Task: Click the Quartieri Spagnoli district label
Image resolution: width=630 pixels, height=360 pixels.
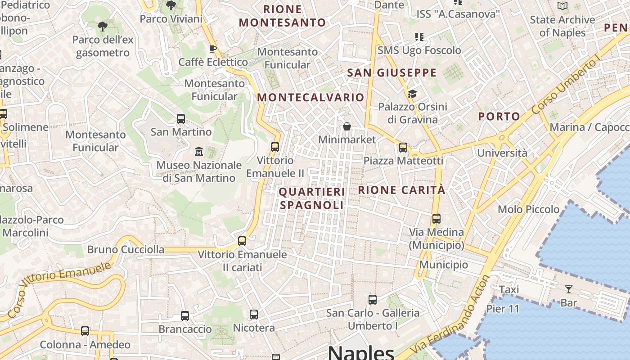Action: pos(312,198)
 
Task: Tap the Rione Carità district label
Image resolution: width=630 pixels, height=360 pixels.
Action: pos(401,190)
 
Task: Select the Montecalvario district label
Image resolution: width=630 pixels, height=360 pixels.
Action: pos(310,97)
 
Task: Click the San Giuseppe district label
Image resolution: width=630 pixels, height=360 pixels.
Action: pos(391,73)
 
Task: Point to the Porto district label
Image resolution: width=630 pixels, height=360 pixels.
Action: pos(499,117)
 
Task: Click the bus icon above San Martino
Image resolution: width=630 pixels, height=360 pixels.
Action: pos(181,119)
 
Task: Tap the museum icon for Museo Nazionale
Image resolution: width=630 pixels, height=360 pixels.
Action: pos(198,151)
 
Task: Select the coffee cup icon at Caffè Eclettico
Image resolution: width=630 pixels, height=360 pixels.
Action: pos(213,49)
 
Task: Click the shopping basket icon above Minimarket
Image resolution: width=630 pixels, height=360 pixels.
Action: pos(346,126)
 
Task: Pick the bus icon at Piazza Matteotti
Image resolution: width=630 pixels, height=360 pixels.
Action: pos(403,147)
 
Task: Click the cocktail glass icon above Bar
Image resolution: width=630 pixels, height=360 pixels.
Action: pos(569,289)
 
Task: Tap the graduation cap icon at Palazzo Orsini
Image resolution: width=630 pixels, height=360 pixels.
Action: pos(412,94)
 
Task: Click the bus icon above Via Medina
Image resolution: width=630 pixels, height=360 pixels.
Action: pos(436,219)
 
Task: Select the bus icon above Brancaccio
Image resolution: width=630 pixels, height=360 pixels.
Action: pos(185,315)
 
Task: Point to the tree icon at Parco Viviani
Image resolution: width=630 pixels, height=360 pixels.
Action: pos(171,5)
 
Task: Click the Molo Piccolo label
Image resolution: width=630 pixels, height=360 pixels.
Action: pos(528,209)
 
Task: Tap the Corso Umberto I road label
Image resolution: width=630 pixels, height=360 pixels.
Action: pos(566,86)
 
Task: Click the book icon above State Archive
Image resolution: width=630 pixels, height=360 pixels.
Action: pos(562,6)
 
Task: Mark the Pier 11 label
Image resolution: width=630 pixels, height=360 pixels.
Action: pos(503,309)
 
